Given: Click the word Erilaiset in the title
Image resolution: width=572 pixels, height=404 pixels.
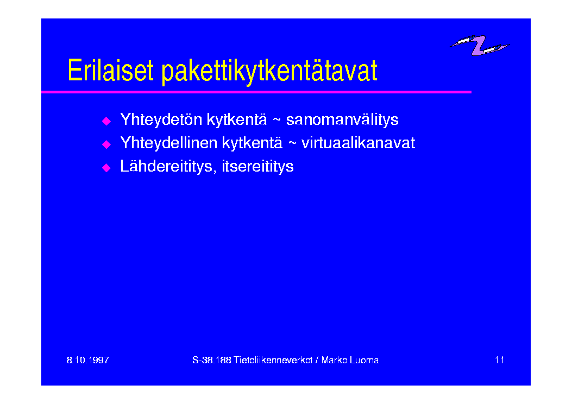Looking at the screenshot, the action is [x=110, y=70].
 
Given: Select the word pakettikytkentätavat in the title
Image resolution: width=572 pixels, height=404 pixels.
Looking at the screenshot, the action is [x=269, y=72].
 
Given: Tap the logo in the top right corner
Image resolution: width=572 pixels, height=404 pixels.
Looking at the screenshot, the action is [x=479, y=45].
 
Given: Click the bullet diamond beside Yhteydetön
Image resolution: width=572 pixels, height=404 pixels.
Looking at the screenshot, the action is [x=106, y=121].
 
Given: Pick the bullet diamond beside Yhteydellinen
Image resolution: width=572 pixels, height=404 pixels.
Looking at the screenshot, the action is [x=106, y=144].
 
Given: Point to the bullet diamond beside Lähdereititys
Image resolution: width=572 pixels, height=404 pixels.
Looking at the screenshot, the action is [x=106, y=168].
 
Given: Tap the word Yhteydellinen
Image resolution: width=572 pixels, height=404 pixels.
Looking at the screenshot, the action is [x=169, y=143].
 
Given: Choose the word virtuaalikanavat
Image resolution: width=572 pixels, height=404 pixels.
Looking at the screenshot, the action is [x=358, y=143].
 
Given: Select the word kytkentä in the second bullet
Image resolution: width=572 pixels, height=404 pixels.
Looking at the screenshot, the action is [x=252, y=143].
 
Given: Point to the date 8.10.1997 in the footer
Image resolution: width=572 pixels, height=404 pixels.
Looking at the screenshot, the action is [x=87, y=360].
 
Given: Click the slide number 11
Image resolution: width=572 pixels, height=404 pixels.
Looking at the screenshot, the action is [x=499, y=360].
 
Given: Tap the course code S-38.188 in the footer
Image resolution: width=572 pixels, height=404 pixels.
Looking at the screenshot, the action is [x=212, y=360].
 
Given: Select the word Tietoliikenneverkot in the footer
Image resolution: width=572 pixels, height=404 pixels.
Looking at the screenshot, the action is [x=273, y=360].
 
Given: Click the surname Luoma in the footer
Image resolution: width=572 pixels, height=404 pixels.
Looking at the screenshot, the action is [x=364, y=360].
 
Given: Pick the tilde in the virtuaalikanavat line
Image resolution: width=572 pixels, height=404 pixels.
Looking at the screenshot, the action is [x=292, y=143].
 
